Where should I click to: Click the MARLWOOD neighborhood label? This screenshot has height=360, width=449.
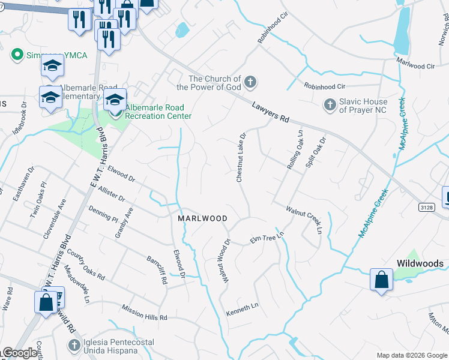(x=202, y=219)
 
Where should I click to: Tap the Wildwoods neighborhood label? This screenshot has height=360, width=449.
(x=420, y=263)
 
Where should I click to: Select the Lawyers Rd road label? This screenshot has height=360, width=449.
(x=270, y=112)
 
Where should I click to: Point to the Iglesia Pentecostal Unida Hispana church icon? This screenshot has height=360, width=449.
(x=74, y=345)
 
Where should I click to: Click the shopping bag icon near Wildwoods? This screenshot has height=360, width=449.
(x=381, y=280)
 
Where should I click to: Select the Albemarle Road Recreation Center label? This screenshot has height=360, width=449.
(x=158, y=112)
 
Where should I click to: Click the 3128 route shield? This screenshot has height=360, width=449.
(x=426, y=206)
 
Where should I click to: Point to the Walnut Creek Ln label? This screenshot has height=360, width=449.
(x=304, y=216)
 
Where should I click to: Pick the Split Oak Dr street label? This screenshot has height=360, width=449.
(x=316, y=152)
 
